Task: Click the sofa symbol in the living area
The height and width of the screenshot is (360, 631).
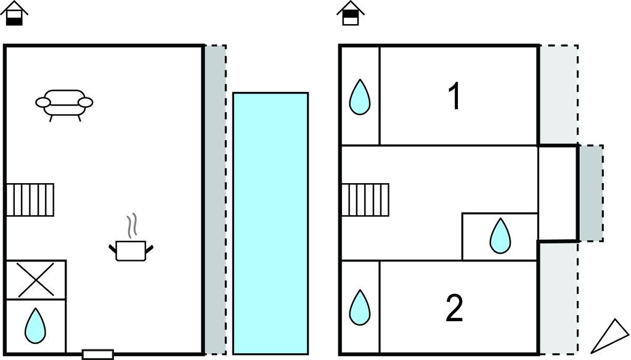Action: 64,104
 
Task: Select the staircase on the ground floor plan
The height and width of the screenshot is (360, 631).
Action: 30,199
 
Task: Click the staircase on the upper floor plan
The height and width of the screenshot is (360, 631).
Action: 365,199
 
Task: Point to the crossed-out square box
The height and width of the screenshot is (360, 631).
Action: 35,280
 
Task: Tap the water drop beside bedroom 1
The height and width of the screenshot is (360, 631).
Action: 360,97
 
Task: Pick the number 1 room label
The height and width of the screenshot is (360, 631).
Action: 454,97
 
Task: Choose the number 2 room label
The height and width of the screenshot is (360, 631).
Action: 454,309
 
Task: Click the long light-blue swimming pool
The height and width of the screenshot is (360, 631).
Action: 271,223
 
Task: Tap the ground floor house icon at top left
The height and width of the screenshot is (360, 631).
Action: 14,14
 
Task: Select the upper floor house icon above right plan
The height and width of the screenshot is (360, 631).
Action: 351,14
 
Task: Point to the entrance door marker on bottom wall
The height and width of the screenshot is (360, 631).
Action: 98,354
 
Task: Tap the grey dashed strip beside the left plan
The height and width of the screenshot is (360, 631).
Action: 215,199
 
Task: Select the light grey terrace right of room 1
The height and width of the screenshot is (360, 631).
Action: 558,94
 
